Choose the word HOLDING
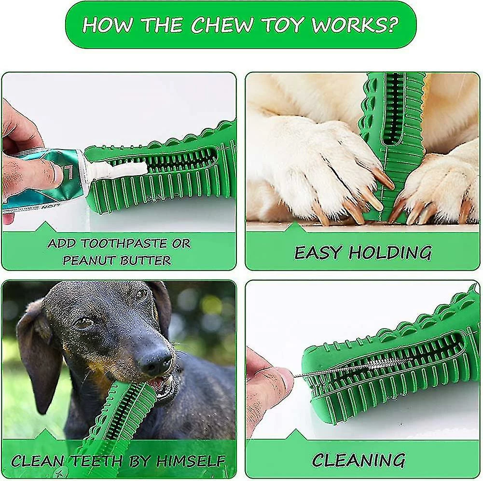(390, 252)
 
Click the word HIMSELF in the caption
(191, 461)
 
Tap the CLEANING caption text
(358, 460)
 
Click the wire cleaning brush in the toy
(354, 367)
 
